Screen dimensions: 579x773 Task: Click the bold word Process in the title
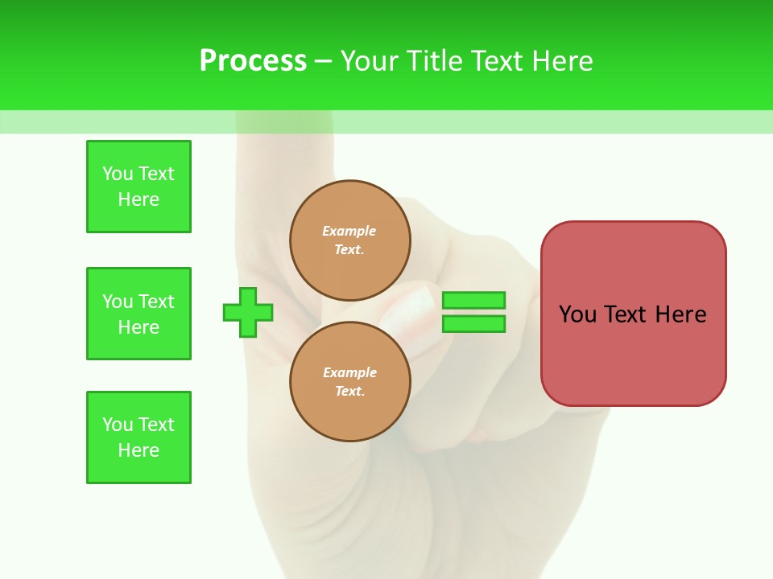point(253,61)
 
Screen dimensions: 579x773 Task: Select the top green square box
point(138,187)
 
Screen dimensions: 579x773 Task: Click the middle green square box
point(138,314)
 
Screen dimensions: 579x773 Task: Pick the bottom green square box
point(138,437)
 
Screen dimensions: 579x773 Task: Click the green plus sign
point(248,312)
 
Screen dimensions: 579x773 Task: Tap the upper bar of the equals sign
point(473,301)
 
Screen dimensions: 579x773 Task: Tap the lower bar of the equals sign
point(473,324)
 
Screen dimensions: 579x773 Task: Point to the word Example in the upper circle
point(349,231)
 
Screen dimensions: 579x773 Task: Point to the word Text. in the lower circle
point(349,392)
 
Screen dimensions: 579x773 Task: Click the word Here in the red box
point(680,314)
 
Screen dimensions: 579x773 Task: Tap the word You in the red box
point(577,314)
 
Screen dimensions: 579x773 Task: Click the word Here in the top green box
point(138,199)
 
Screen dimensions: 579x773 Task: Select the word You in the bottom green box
point(118,425)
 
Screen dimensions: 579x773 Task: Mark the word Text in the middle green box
point(156,302)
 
